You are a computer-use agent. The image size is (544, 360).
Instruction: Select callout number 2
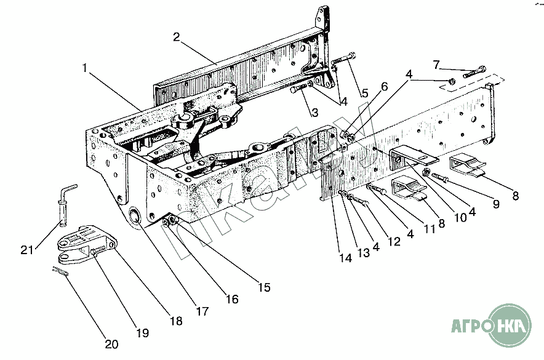(176, 37)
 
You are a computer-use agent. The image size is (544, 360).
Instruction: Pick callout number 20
(112, 344)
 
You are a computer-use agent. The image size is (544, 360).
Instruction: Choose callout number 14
(346, 258)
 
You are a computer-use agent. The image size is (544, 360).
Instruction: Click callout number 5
(366, 94)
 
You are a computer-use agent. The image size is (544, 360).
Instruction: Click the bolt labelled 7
(474, 72)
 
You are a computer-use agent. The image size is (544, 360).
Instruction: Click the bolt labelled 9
(441, 177)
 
